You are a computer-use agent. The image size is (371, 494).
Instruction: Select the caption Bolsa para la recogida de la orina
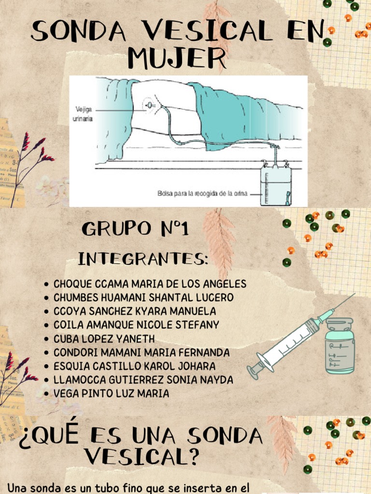202,193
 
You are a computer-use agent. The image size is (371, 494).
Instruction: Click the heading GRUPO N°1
135,229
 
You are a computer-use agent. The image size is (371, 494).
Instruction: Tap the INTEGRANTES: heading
143,260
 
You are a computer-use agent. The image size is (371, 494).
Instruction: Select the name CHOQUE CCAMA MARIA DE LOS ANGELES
150,284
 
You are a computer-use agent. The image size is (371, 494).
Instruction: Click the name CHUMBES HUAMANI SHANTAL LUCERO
143,298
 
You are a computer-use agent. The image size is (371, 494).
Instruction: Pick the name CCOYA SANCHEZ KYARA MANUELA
135,311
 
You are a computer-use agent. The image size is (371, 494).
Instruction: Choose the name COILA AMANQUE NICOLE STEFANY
136,325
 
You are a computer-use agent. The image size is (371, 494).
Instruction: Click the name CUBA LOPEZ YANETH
104,339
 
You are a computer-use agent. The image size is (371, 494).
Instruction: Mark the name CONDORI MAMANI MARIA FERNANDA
142,353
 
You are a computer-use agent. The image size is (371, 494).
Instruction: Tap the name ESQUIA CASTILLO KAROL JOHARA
134,366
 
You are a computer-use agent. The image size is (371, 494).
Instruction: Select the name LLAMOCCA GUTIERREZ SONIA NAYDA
143,380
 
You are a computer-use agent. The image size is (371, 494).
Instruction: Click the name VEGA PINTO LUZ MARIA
111,394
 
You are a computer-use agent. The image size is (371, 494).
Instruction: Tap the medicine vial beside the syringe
340,346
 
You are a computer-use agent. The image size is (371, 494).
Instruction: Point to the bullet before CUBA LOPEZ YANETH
46,339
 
